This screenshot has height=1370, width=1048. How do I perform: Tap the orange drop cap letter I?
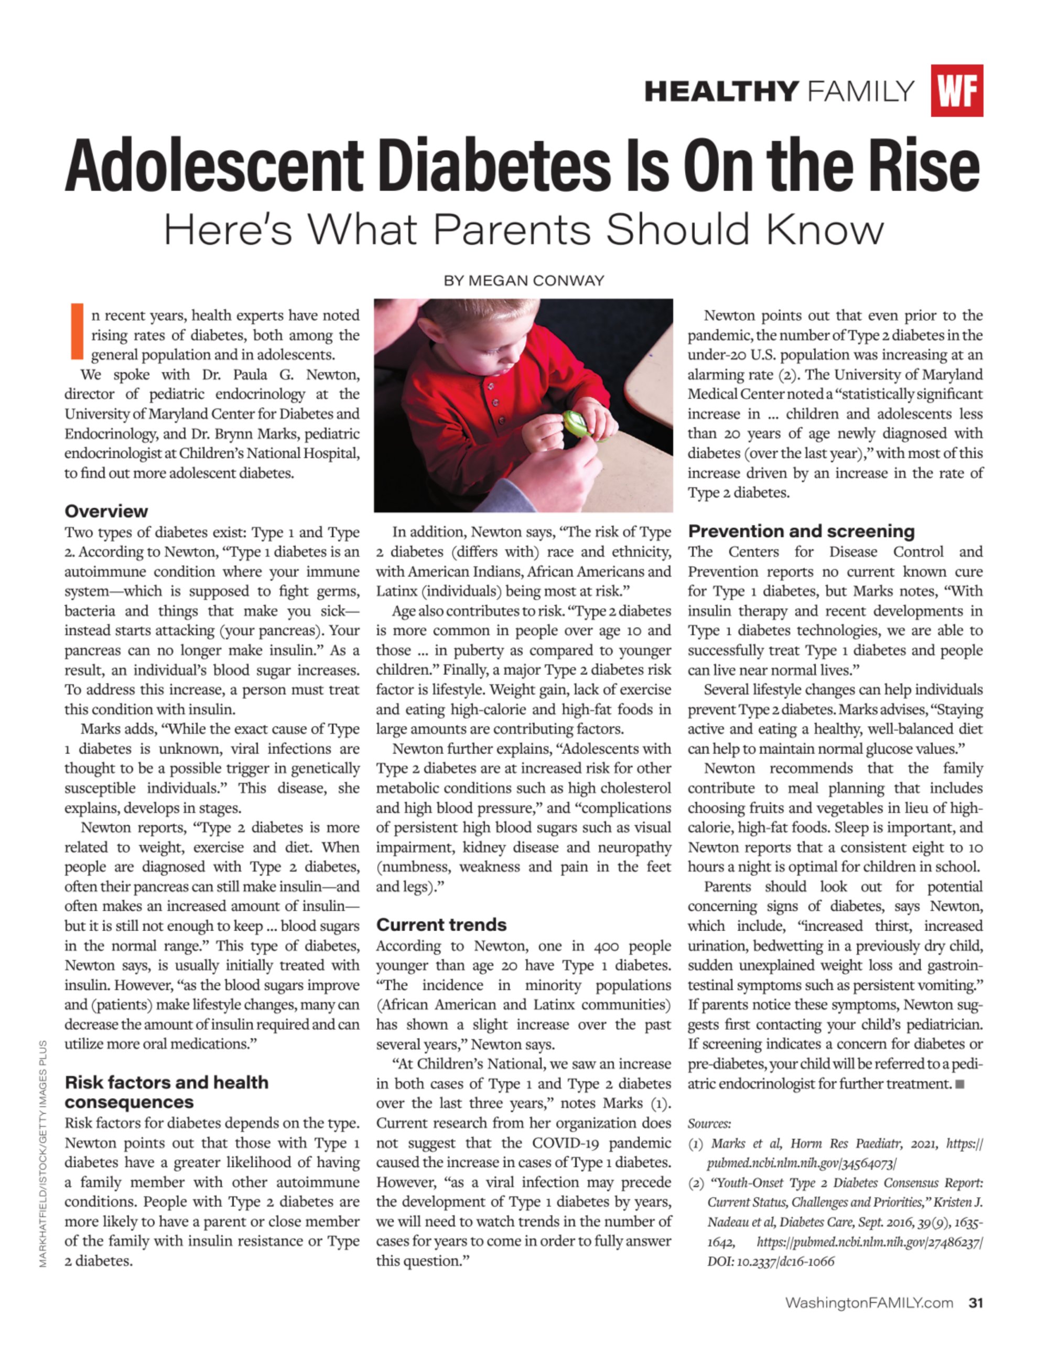77,331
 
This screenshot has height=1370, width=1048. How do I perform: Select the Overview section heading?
106,512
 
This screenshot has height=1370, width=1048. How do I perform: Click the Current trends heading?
441,925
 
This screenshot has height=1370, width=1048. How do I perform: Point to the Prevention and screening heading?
801,531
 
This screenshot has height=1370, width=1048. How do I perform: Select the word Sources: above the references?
709,1124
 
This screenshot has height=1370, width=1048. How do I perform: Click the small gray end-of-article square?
960,1084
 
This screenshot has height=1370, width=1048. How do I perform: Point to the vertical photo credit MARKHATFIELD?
43,1222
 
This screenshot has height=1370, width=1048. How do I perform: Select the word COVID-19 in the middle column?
567,1143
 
